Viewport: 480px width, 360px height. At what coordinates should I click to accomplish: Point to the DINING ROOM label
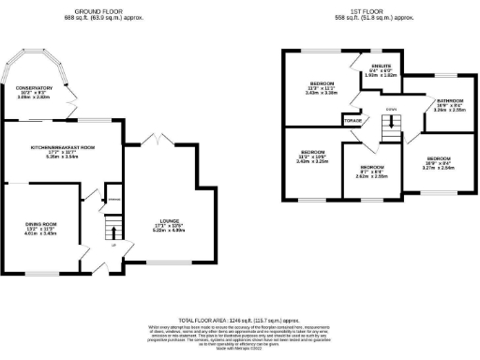41,223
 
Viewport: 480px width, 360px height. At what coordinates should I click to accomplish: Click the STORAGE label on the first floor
352,120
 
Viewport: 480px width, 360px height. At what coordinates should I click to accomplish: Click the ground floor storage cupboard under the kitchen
113,200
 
